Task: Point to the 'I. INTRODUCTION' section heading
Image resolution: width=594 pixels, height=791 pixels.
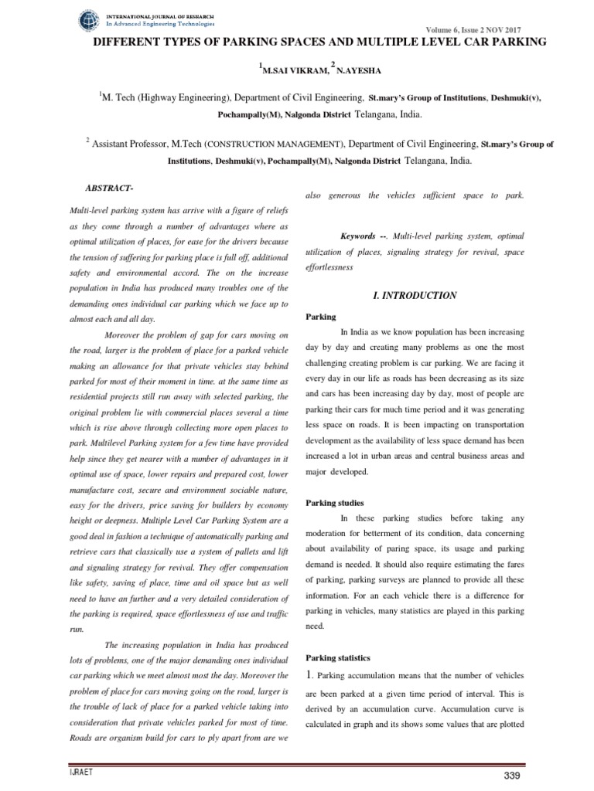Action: pyautogui.click(x=415, y=296)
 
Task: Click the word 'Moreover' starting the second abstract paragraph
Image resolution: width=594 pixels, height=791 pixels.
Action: pyautogui.click(x=125, y=334)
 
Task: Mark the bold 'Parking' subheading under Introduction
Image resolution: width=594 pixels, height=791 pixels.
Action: pyautogui.click(x=320, y=317)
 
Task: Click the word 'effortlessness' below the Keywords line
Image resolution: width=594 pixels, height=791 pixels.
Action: pyautogui.click(x=333, y=268)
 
